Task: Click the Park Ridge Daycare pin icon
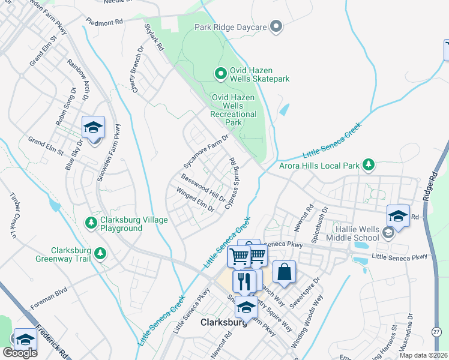click(x=276, y=26)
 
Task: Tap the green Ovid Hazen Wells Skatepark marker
click(x=220, y=74)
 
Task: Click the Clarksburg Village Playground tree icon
click(x=91, y=223)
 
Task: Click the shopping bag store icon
click(x=285, y=272)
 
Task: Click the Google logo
click(x=20, y=353)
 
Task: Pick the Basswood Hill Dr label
click(x=203, y=188)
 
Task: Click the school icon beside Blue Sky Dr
click(x=94, y=127)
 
